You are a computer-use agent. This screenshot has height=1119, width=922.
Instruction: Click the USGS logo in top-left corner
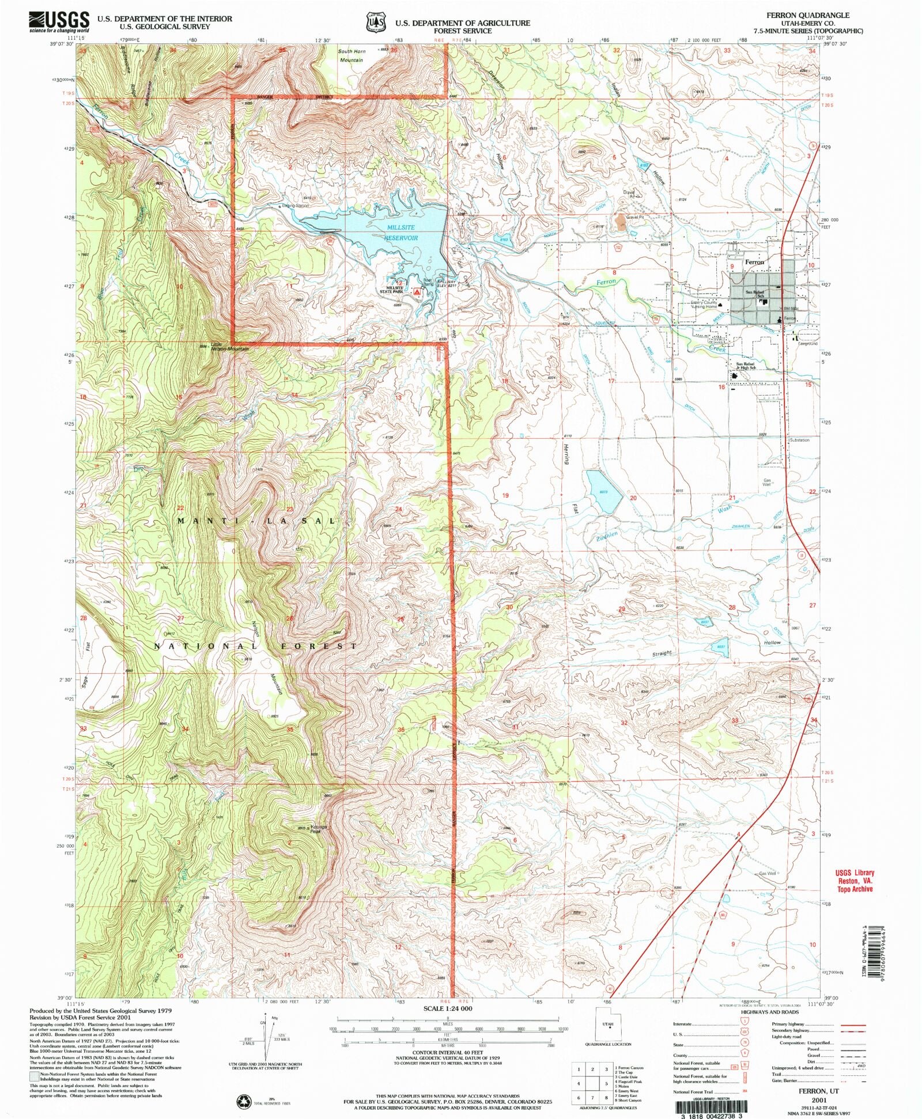pos(59,21)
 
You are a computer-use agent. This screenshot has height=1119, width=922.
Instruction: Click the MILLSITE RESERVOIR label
pos(402,233)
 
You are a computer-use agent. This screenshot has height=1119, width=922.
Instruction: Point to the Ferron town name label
pos(754,262)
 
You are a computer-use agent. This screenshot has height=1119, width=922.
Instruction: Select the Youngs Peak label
pos(319,828)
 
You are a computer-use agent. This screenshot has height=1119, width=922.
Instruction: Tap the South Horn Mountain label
pos(352,55)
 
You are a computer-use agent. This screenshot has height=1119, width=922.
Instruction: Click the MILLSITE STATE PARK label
pos(397,289)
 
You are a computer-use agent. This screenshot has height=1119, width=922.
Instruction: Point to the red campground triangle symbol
pos(416,292)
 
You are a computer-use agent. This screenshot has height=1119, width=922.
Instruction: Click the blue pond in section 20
pos(603,491)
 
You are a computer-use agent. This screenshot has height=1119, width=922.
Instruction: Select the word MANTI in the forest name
pos(199,521)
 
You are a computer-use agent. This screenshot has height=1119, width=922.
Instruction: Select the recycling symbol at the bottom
pos(243,1101)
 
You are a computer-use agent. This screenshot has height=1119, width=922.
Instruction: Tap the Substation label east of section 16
pos(799,440)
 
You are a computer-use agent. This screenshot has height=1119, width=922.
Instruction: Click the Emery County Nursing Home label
pos(704,305)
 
